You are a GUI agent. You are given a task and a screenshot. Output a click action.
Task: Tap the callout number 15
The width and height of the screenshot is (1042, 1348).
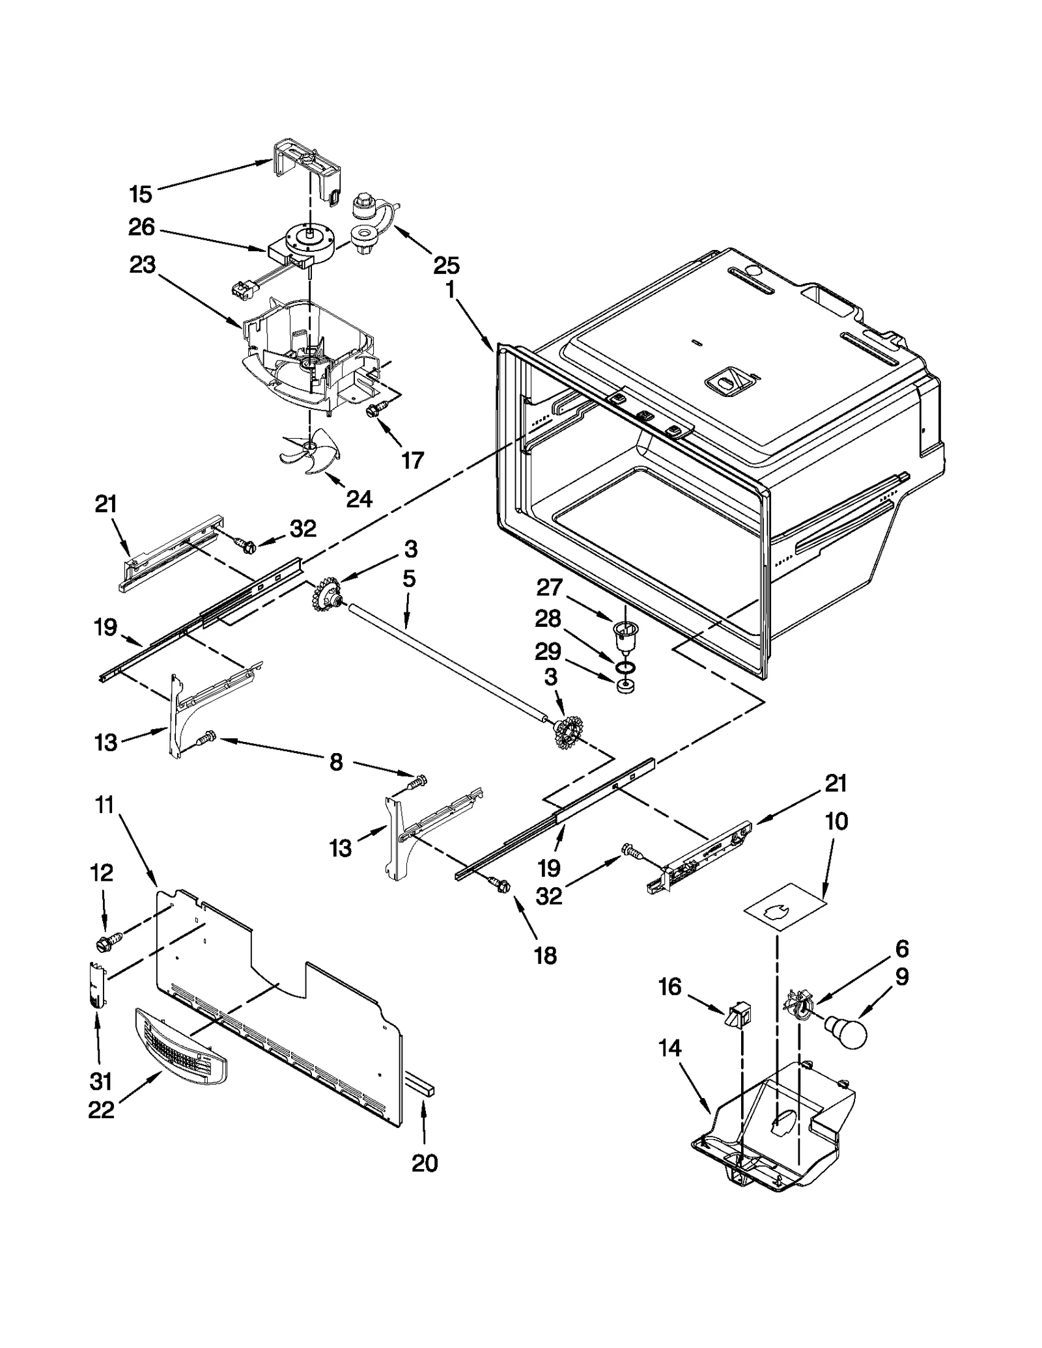[140, 193]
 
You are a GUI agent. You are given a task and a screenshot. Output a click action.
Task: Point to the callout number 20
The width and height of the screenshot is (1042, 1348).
[425, 1162]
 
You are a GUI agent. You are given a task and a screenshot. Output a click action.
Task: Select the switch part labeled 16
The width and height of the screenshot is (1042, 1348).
[739, 1013]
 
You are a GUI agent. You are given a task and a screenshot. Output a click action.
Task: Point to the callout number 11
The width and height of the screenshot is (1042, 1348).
[104, 805]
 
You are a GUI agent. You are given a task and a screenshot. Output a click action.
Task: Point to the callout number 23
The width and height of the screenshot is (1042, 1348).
[143, 265]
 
